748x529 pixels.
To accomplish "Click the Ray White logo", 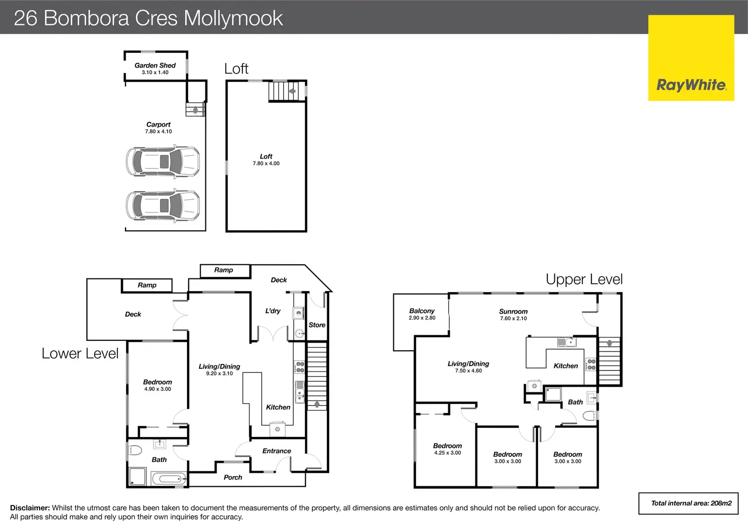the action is click(x=691, y=58).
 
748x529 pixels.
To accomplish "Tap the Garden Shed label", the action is click(x=155, y=66).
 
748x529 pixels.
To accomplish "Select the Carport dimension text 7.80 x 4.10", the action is click(x=158, y=132).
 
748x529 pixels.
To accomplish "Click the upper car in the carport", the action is click(x=163, y=161).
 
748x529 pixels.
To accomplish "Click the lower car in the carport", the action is click(x=163, y=205).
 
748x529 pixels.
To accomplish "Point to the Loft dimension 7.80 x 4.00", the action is click(x=266, y=164).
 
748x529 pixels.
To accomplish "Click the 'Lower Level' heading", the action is click(x=80, y=353).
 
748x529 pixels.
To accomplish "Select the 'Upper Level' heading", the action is click(x=584, y=279).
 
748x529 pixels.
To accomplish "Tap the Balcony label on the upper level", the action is click(x=422, y=311).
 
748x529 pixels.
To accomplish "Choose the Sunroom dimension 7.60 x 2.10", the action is click(x=513, y=319).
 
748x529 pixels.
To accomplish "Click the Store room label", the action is click(x=317, y=325).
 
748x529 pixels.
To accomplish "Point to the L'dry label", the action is click(x=273, y=311).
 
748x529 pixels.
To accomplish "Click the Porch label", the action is click(x=233, y=477).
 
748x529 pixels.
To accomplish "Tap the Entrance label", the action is click(x=276, y=451).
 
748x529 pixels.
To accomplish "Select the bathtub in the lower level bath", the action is click(x=169, y=479).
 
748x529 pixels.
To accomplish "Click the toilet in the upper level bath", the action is click(x=590, y=416).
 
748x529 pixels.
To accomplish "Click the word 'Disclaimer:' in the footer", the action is click(x=30, y=508).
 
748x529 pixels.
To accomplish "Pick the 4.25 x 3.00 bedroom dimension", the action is click(x=448, y=453).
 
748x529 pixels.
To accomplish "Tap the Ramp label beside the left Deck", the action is click(x=147, y=285).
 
